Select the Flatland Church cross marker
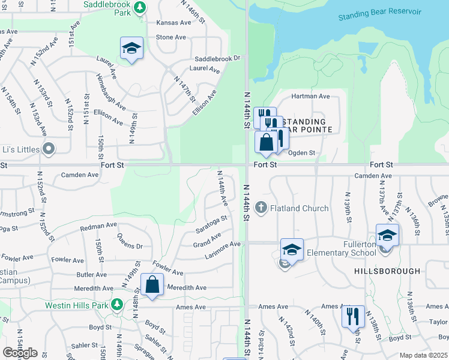[x=261, y=208]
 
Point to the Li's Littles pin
[x=49, y=149]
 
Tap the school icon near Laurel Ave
[x=131, y=48]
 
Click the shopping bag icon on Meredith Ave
[x=152, y=284]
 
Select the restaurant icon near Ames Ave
[x=353, y=315]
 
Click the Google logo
[x=20, y=352]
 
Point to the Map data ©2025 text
[x=423, y=355]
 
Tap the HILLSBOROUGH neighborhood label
[x=387, y=271]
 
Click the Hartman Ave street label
[x=310, y=96]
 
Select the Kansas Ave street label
[x=173, y=22]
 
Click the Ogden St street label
[x=302, y=153]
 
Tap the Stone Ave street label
[x=171, y=37]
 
